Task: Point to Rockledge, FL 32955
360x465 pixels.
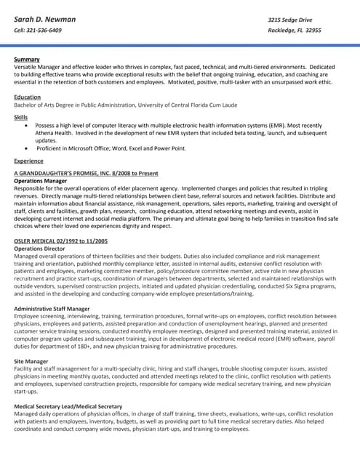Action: tap(295, 31)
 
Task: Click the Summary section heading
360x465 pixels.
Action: tap(27, 59)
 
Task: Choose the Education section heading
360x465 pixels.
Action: tap(28, 97)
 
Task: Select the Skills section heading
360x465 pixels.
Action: tap(21, 116)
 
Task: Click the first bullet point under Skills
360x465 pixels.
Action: tap(27, 125)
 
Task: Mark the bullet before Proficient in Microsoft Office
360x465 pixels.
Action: tap(27, 147)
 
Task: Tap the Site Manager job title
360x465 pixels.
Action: tap(31, 361)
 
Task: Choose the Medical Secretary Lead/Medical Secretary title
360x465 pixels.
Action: tap(68, 406)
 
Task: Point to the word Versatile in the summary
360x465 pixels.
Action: tap(27, 67)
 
